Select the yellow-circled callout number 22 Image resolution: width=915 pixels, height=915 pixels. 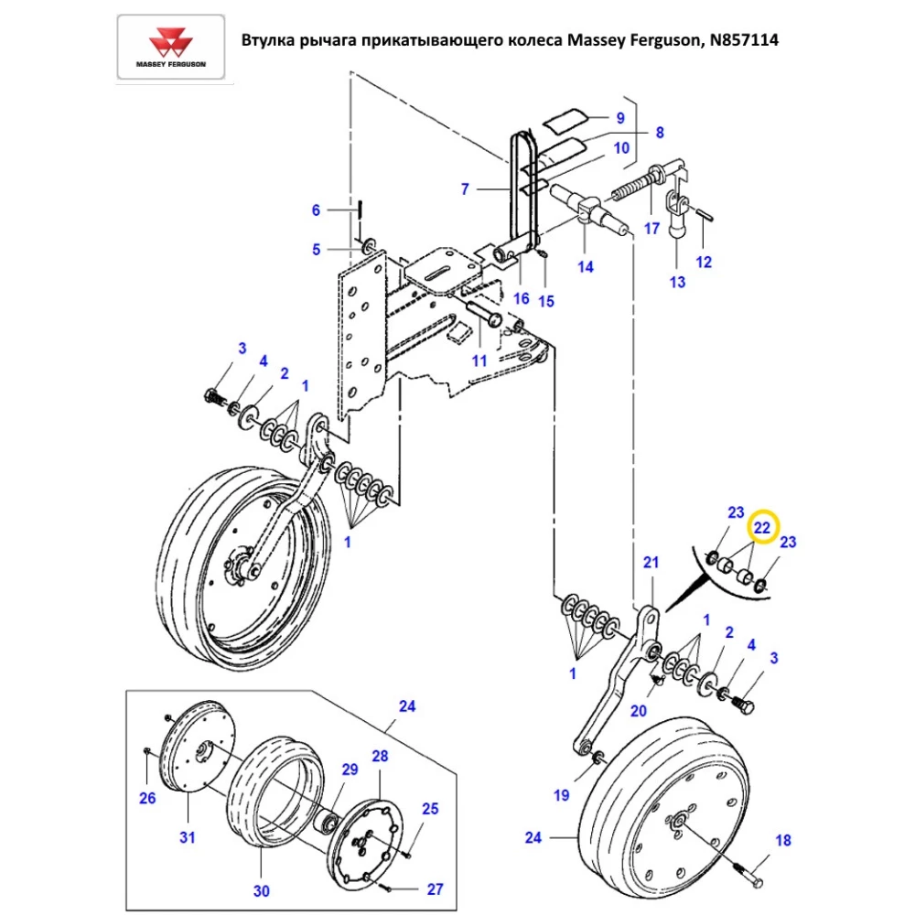pos(762,528)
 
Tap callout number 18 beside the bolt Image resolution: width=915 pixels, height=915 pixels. pos(782,841)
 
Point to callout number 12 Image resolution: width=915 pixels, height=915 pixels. pos(704,262)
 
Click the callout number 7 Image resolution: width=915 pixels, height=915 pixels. pos(465,189)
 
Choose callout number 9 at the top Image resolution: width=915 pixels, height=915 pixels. pos(619,117)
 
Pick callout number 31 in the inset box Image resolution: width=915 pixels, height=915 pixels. pos(188,836)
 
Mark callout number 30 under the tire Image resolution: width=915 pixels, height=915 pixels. pos(262,889)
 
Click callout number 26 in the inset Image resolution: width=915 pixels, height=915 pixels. pos(147,798)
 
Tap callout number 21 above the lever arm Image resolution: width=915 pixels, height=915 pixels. pos(651,562)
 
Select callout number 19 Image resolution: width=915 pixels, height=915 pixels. pos(562,794)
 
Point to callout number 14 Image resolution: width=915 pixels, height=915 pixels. pos(585,267)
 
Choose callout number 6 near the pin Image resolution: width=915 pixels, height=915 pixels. pos(317,210)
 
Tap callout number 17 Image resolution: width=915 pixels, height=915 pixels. pos(651,229)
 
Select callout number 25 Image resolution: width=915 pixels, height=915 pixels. pos(429,809)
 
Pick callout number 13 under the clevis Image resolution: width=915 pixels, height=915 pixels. pos(677,282)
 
